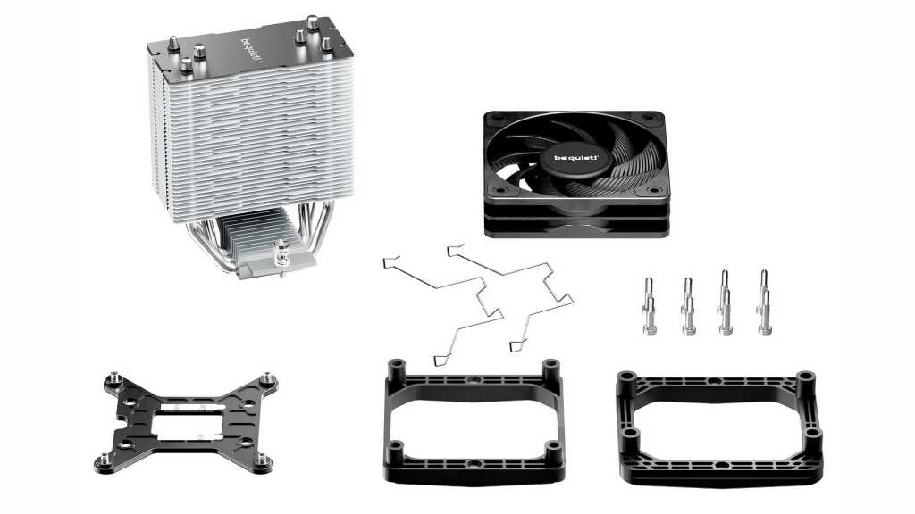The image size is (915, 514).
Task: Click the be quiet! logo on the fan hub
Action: [572, 158]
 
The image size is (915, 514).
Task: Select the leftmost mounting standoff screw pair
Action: [649, 306]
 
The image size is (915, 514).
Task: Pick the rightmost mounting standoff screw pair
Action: [764, 302]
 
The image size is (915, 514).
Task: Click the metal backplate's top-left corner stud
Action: [113, 379]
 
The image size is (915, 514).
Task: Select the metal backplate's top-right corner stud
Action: [268, 378]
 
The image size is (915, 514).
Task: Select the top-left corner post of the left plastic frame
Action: [397, 369]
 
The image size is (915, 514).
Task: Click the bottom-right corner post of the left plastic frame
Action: [552, 452]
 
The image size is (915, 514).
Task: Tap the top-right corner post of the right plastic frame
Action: [805, 380]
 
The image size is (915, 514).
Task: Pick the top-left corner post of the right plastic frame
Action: [626, 380]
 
